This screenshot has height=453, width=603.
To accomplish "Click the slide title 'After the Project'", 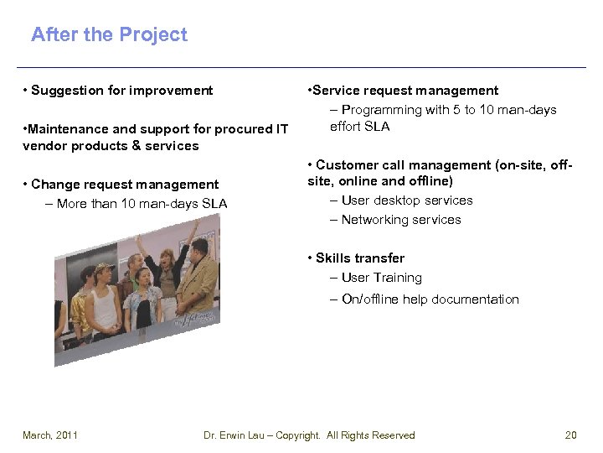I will pyautogui.click(x=109, y=34).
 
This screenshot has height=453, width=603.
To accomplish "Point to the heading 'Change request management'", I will pyautogui.click(x=125, y=185).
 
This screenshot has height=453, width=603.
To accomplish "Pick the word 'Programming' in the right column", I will pyautogui.click(x=381, y=110).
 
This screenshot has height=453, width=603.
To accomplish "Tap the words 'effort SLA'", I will pyautogui.click(x=360, y=127).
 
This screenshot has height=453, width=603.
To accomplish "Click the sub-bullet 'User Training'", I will pyautogui.click(x=381, y=278).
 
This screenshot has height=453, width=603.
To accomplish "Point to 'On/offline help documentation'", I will pyautogui.click(x=430, y=299).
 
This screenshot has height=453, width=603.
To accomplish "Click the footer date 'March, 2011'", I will pyautogui.click(x=50, y=435).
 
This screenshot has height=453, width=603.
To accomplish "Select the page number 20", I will pyautogui.click(x=571, y=435).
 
